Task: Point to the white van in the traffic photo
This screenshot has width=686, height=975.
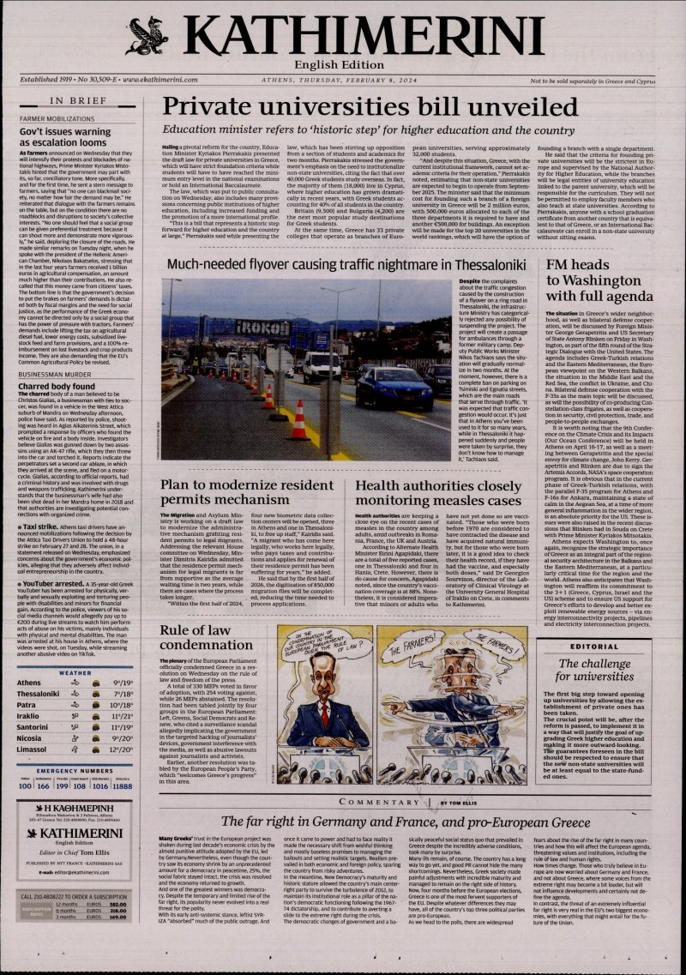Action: [x=322, y=366]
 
